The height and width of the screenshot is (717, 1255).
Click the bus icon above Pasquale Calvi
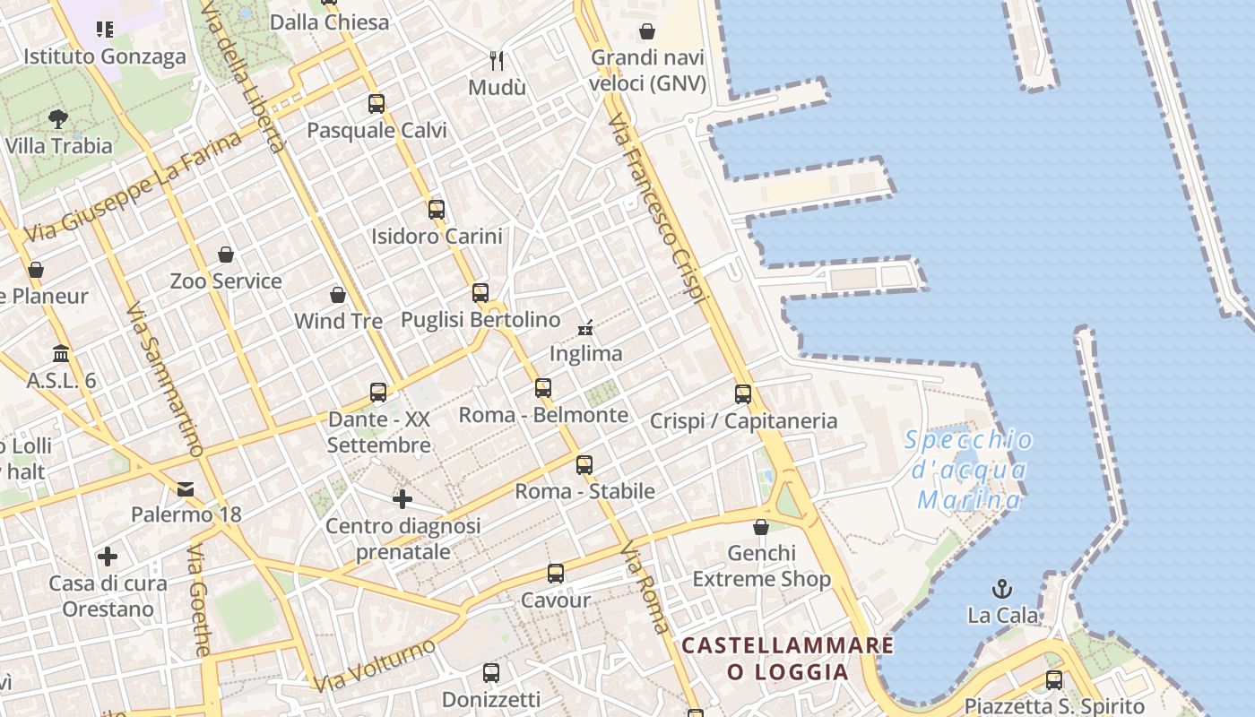click(376, 103)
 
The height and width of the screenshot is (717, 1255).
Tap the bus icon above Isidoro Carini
click(437, 210)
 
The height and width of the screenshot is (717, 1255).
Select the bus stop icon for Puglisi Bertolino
click(480, 292)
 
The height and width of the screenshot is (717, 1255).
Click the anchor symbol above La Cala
click(1002, 589)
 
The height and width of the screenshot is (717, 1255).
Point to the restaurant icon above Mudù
click(497, 61)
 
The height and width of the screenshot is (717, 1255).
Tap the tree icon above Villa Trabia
click(58, 118)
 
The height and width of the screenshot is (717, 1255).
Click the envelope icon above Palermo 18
click(186, 488)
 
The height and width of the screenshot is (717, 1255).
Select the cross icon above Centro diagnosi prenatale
click(402, 499)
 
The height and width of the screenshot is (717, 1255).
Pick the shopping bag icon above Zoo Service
click(226, 255)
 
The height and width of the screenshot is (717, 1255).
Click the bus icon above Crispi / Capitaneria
click(743, 393)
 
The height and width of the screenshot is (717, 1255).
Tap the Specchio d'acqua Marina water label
click(968, 470)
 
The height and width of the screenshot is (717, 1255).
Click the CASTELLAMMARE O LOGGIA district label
click(788, 659)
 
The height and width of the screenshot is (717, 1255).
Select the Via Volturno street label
click(375, 665)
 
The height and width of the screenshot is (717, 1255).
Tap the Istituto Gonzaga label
click(105, 56)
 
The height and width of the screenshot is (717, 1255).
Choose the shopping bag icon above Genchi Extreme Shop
click(761, 526)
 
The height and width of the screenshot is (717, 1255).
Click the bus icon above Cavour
click(556, 573)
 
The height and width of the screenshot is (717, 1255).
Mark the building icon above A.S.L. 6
click(61, 353)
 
